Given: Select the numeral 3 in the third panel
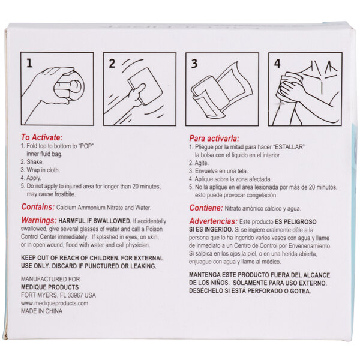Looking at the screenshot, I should (x=194, y=62).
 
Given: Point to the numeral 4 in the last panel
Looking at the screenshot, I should (x=277, y=62).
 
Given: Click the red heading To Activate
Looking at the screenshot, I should (x=41, y=137).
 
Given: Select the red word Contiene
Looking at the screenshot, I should (x=206, y=208).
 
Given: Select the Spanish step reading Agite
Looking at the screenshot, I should (x=203, y=163).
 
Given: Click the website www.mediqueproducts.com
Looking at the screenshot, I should (x=55, y=304).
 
